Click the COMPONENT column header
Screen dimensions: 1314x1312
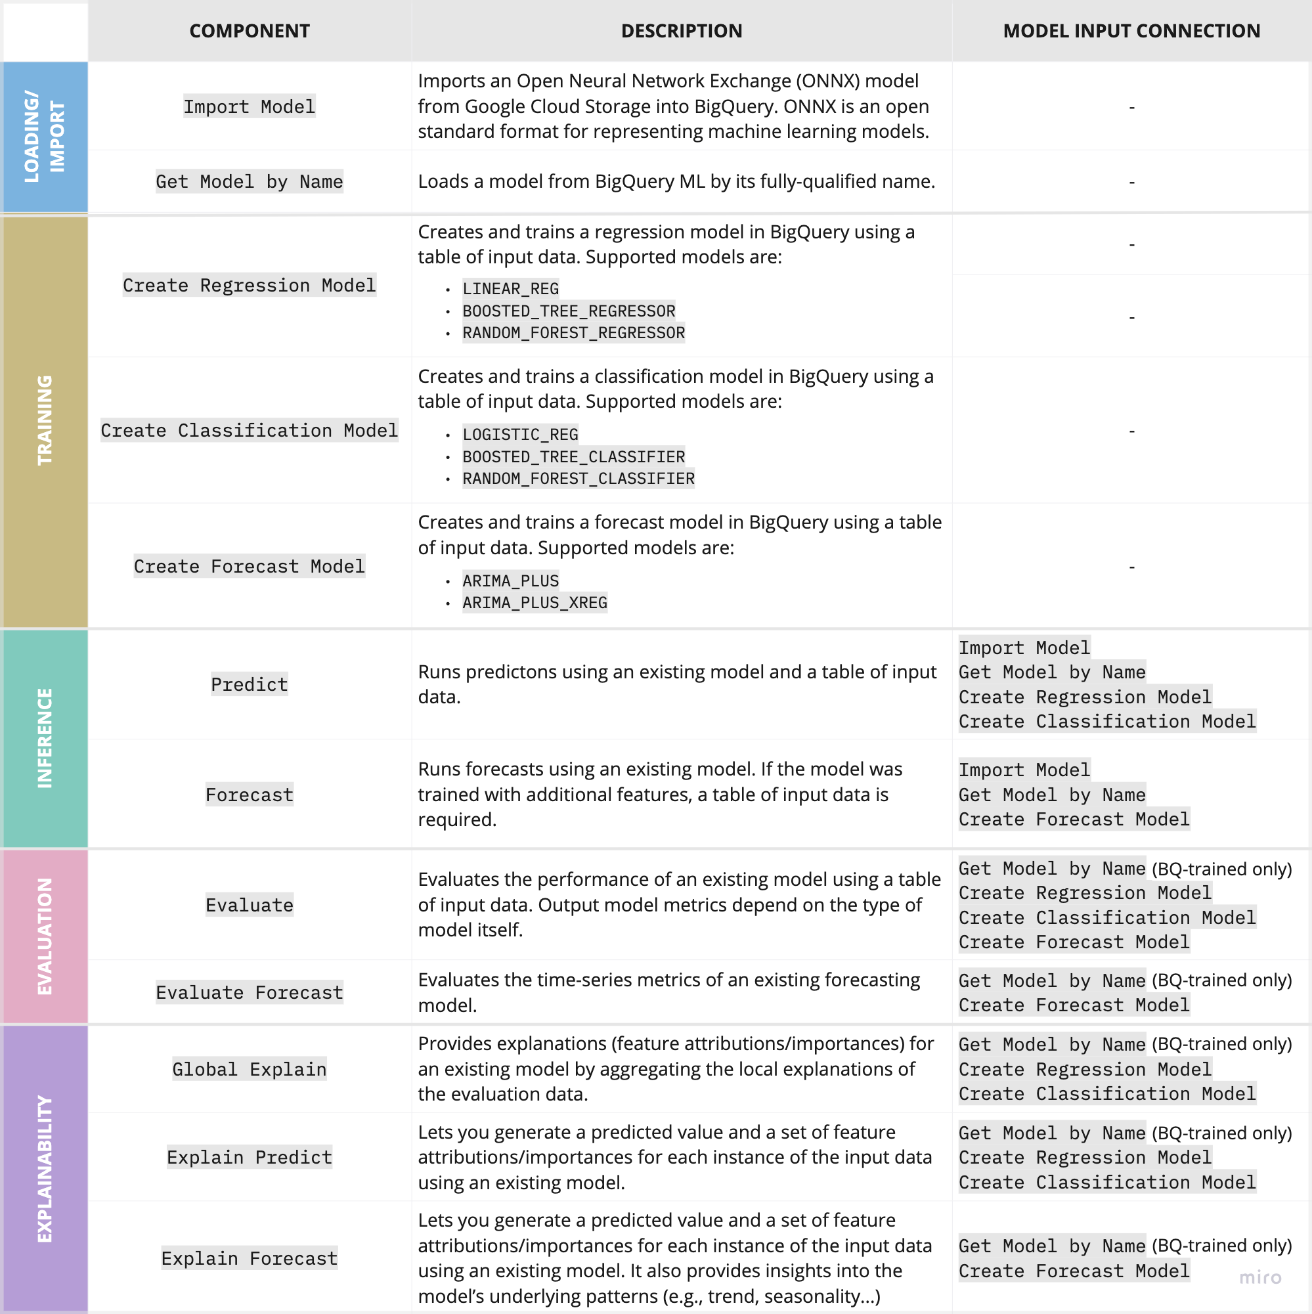point(250,32)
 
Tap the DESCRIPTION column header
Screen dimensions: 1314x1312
point(682,32)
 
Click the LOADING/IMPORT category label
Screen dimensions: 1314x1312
point(45,137)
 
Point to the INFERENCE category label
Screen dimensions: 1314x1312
point(45,738)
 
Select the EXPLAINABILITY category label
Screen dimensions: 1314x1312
point(45,1168)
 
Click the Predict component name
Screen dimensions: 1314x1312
point(250,684)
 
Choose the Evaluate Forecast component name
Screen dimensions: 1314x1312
point(250,992)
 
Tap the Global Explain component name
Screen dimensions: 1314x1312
point(250,1069)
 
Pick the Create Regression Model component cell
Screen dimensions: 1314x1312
point(250,285)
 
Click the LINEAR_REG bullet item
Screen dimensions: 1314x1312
point(510,289)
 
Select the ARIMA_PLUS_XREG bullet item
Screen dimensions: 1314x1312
point(535,603)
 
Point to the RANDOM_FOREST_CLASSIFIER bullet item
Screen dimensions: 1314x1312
point(578,479)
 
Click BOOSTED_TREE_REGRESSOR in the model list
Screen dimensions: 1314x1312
point(569,311)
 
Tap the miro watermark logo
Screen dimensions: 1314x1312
point(1259,1277)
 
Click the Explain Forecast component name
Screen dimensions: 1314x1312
point(250,1258)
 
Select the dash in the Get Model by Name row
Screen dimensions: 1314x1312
point(1132,183)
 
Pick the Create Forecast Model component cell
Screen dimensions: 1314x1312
point(250,566)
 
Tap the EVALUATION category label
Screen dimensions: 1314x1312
point(45,936)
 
